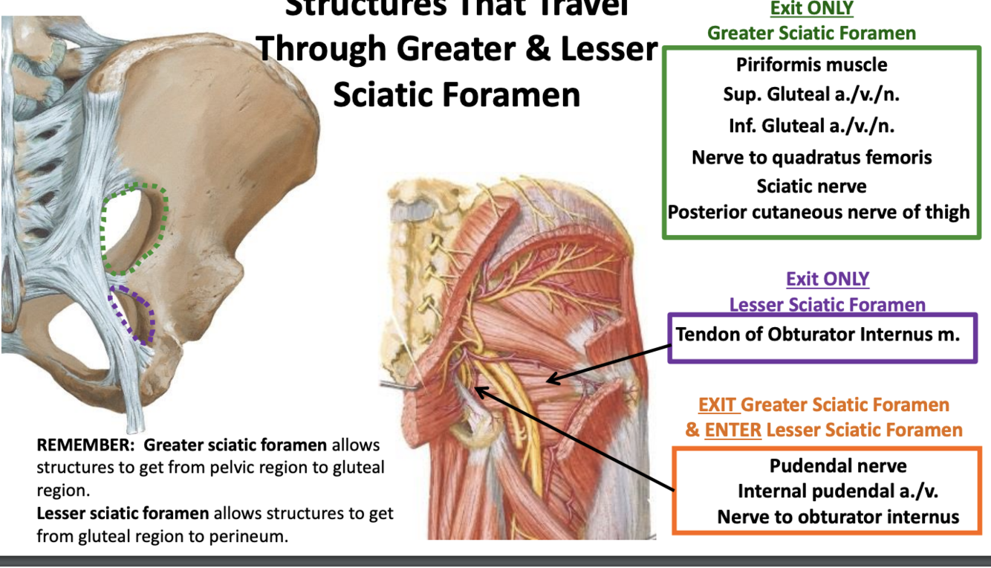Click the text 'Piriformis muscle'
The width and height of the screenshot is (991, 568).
811,65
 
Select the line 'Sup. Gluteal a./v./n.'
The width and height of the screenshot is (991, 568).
811,94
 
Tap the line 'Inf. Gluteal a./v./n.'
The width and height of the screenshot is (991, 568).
811,126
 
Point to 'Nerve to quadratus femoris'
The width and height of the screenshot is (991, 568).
811,157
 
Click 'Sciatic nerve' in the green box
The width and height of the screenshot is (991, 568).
811,185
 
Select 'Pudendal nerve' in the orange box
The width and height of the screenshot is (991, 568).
838,466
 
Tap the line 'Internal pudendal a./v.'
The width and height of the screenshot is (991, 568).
838,491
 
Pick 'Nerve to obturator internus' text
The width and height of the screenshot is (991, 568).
838,517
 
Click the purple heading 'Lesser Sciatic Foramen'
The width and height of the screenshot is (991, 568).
827,305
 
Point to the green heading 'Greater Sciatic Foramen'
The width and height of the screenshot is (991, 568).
811,33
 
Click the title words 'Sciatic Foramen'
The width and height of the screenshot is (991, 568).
456,95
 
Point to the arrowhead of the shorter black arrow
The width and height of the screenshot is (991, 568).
549,381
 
